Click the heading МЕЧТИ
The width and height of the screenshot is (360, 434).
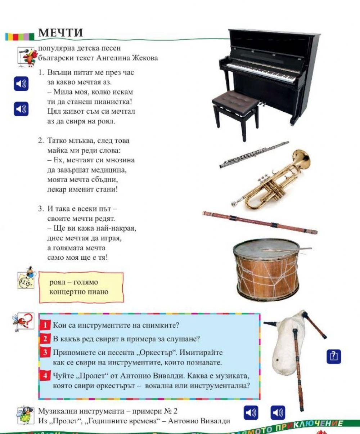(60, 32)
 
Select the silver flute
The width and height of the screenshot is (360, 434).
(254, 155)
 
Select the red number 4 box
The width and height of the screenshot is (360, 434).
(46, 376)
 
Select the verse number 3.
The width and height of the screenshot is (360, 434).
(41, 209)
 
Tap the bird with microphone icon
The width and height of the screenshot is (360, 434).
(26, 57)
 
